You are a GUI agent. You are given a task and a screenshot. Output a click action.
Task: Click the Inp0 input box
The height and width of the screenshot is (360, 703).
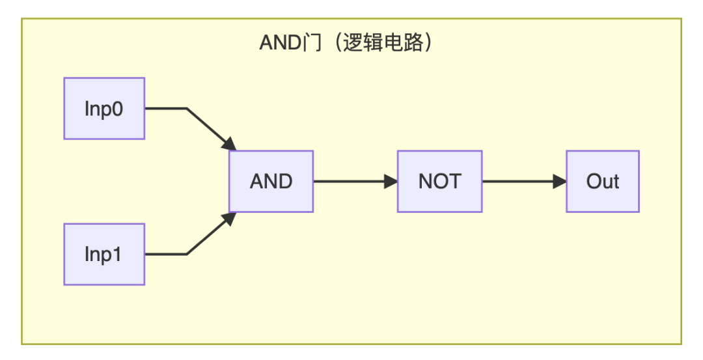104,109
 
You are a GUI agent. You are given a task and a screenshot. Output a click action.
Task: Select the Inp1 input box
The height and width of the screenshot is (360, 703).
104,254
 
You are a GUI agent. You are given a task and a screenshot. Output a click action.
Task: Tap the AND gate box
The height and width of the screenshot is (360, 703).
271,182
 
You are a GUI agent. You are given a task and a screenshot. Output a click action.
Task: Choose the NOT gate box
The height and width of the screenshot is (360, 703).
439,182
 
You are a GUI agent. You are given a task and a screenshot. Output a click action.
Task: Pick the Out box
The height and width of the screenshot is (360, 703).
602,182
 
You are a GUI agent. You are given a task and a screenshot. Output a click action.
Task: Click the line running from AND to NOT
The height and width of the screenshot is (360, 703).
351,182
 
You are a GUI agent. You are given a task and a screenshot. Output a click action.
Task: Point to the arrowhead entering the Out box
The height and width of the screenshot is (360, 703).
560,182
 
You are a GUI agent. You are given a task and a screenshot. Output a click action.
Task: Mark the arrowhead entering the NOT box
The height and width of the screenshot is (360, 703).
391,182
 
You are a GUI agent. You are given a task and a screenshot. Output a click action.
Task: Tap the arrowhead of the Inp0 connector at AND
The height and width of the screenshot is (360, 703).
228,145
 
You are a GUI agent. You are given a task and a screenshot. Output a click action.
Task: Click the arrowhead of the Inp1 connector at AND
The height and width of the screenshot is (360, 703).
228,218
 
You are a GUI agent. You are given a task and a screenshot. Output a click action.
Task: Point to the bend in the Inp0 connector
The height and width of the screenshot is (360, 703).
187,109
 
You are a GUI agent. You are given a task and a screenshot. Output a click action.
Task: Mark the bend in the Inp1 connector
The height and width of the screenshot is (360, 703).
187,254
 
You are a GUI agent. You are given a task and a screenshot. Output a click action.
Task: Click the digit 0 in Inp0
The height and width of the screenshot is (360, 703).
118,109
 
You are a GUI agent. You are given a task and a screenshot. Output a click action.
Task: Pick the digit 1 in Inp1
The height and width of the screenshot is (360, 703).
117,254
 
